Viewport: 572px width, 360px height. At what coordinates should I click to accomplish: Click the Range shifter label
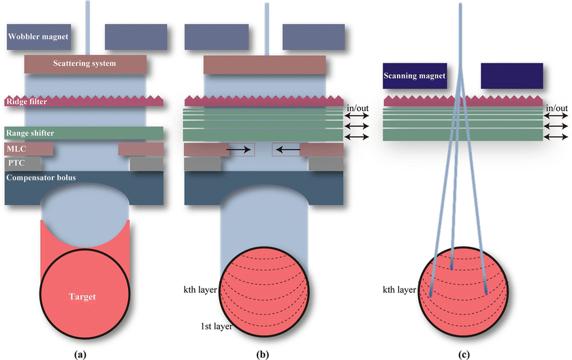click(30, 132)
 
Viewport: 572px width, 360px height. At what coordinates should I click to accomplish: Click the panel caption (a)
click(85, 353)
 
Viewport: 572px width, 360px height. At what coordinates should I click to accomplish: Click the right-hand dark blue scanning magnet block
click(512, 76)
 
